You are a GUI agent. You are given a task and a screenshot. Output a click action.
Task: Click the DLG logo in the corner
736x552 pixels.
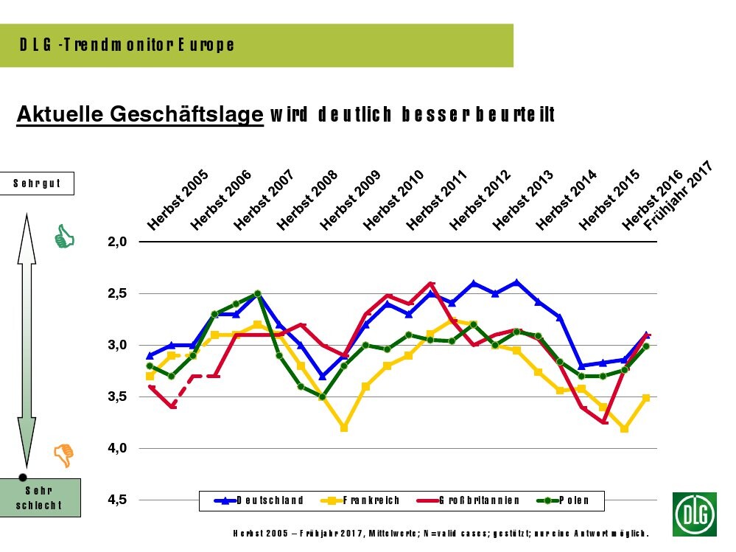(695, 514)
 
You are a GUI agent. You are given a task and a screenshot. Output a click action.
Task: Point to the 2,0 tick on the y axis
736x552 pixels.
(118, 242)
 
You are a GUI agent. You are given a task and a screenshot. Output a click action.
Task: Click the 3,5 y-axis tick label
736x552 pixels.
(118, 396)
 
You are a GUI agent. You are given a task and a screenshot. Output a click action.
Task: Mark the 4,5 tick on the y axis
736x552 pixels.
(118, 500)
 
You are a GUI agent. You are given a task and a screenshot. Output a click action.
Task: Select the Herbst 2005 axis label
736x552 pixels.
(178, 200)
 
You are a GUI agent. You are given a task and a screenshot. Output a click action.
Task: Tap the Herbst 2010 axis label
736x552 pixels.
(393, 200)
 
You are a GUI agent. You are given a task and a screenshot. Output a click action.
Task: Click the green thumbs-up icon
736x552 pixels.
(65, 237)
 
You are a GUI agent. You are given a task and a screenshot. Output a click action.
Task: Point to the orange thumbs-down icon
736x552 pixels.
(65, 455)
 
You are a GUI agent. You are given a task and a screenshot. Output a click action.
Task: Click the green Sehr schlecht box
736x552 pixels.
(38, 497)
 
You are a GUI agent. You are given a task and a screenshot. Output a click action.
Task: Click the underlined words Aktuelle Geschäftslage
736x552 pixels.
(140, 115)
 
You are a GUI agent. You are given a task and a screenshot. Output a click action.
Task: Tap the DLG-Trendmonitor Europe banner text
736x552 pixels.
(127, 45)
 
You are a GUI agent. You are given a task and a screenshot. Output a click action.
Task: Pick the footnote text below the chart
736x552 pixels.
(440, 533)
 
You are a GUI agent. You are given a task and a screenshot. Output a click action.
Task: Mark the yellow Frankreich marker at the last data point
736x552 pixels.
(646, 398)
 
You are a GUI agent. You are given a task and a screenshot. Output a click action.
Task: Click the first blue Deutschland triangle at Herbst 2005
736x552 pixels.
(150, 355)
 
